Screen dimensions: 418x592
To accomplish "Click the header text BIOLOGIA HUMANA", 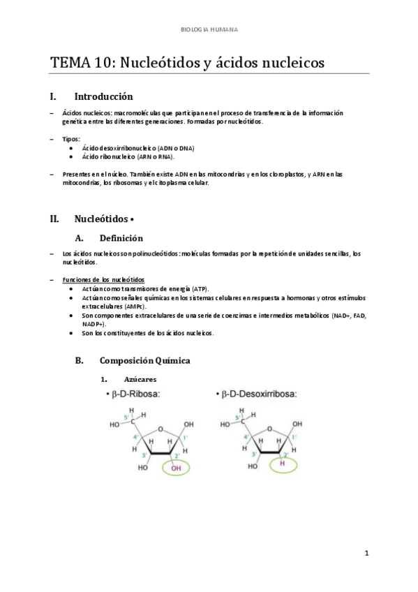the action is click(x=209, y=30).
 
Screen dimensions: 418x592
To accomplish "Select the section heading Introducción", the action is click(x=103, y=96).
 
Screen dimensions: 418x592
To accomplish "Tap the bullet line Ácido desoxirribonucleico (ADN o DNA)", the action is click(x=138, y=149).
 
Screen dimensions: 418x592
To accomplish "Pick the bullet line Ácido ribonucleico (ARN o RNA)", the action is click(x=123, y=157).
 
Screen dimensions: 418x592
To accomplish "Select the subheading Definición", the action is click(x=121, y=237).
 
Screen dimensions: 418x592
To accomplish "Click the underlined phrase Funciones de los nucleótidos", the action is click(x=103, y=279).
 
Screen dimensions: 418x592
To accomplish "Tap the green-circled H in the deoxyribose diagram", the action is click(x=282, y=463).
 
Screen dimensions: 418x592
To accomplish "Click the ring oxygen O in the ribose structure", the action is click(x=161, y=429).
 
